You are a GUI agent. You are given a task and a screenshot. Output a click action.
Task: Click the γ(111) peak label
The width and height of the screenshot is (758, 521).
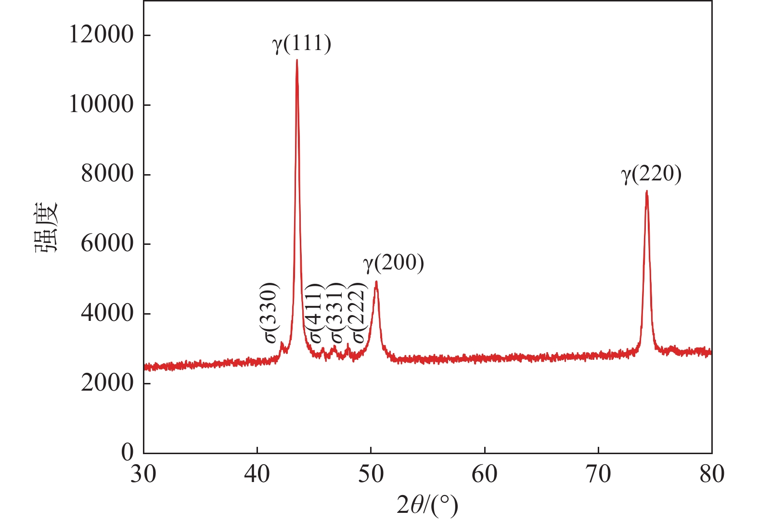click(302, 44)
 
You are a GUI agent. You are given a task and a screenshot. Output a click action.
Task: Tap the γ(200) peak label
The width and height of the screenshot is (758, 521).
click(393, 263)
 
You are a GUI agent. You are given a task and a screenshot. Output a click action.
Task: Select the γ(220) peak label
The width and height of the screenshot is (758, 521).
click(651, 174)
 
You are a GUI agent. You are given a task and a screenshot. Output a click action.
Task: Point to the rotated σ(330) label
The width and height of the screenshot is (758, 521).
click(271, 313)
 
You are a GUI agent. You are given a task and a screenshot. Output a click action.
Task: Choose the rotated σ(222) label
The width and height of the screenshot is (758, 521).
click(359, 313)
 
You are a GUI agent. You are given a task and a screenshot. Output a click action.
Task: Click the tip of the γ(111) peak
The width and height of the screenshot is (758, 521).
click(297, 60)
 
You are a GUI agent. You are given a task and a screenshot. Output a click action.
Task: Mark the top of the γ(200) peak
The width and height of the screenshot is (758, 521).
click(376, 282)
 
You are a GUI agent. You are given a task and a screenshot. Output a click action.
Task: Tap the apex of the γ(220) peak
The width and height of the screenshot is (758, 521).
click(647, 191)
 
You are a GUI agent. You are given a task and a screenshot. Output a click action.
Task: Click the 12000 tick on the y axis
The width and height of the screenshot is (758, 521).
click(101, 35)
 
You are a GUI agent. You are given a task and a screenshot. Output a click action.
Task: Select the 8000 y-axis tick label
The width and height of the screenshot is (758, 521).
click(107, 174)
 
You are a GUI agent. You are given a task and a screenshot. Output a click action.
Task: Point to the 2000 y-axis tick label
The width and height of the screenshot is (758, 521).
click(107, 383)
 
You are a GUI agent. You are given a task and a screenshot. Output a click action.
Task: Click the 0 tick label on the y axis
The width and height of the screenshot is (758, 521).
click(127, 452)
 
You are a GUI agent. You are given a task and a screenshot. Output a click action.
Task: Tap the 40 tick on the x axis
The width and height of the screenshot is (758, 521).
click(257, 474)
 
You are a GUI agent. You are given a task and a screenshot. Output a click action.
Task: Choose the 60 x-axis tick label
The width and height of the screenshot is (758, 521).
click(484, 474)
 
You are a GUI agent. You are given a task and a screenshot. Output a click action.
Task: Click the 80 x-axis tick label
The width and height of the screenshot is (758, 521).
click(711, 474)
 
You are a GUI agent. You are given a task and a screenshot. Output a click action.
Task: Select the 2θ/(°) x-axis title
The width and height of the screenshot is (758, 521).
click(427, 505)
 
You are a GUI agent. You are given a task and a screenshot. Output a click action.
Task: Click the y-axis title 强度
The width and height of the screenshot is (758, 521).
click(47, 227)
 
